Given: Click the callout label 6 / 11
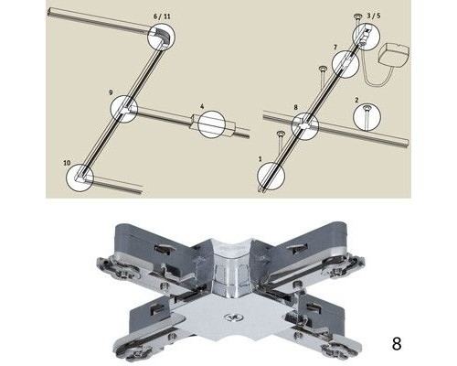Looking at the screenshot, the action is (162, 16).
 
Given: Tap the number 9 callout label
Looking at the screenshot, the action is (111, 92).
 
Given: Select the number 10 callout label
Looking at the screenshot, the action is (67, 163).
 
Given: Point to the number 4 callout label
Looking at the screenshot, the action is (202, 106).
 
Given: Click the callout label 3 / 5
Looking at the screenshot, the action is (374, 16).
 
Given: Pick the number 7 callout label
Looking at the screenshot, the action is (335, 48).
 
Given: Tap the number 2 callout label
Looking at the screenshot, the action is (356, 100).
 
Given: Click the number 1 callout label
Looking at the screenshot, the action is (260, 159).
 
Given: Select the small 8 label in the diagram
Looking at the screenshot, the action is (295, 107).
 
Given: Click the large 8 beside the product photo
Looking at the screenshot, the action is (397, 344).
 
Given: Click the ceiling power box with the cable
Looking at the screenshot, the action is (393, 55).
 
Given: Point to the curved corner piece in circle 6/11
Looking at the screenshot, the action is (163, 34).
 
